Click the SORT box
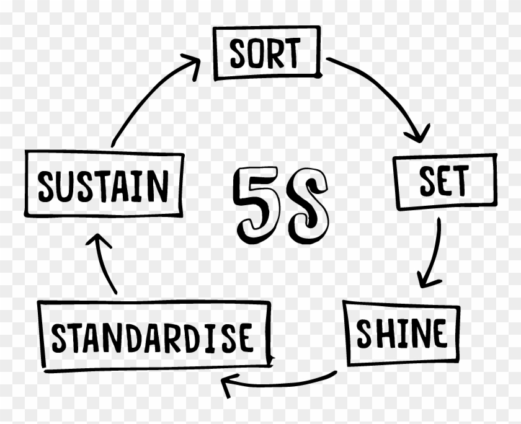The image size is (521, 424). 267,53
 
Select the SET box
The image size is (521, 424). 445,181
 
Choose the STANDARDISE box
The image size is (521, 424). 154,337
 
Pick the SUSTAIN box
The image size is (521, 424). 103,185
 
